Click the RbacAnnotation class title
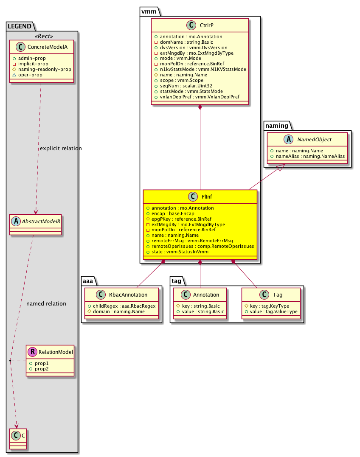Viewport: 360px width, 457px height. (129, 295)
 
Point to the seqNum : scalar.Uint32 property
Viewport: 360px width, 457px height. (186, 86)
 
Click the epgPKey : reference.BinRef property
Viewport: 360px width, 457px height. (181, 219)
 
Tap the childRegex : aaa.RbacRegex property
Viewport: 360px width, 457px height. (121, 306)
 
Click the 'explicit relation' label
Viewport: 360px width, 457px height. (60, 149)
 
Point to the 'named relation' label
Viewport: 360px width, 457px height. (46, 304)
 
